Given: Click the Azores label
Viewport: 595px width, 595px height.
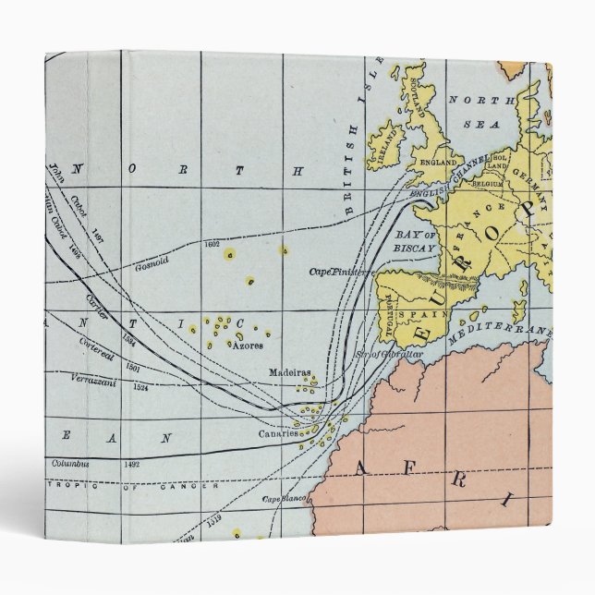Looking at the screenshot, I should click(x=248, y=346).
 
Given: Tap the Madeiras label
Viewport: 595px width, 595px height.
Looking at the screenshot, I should click(x=285, y=372).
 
